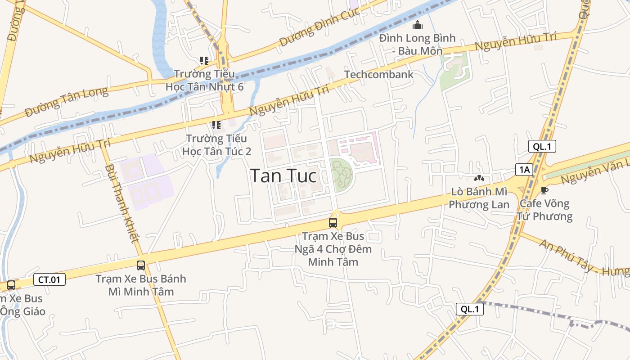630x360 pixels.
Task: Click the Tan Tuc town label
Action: [x=283, y=175]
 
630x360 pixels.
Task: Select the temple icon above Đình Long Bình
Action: [x=418, y=25]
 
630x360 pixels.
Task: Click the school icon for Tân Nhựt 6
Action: [x=204, y=60]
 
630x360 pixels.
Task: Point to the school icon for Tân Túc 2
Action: [x=216, y=125]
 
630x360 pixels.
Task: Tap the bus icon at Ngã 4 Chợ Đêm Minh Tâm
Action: [x=333, y=222]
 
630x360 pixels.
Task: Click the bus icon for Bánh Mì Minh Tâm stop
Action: [x=141, y=265]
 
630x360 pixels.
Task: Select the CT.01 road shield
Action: [x=49, y=279]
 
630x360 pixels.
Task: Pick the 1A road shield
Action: [x=524, y=170]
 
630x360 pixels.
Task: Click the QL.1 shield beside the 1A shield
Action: [x=542, y=146]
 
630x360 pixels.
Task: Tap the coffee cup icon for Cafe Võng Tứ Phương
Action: [x=544, y=190]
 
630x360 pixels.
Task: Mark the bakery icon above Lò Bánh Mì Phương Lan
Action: [x=479, y=179]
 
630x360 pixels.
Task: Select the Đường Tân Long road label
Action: [x=67, y=102]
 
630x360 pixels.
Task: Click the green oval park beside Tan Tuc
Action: [x=342, y=175]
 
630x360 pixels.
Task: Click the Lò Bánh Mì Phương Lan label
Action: [x=479, y=198]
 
